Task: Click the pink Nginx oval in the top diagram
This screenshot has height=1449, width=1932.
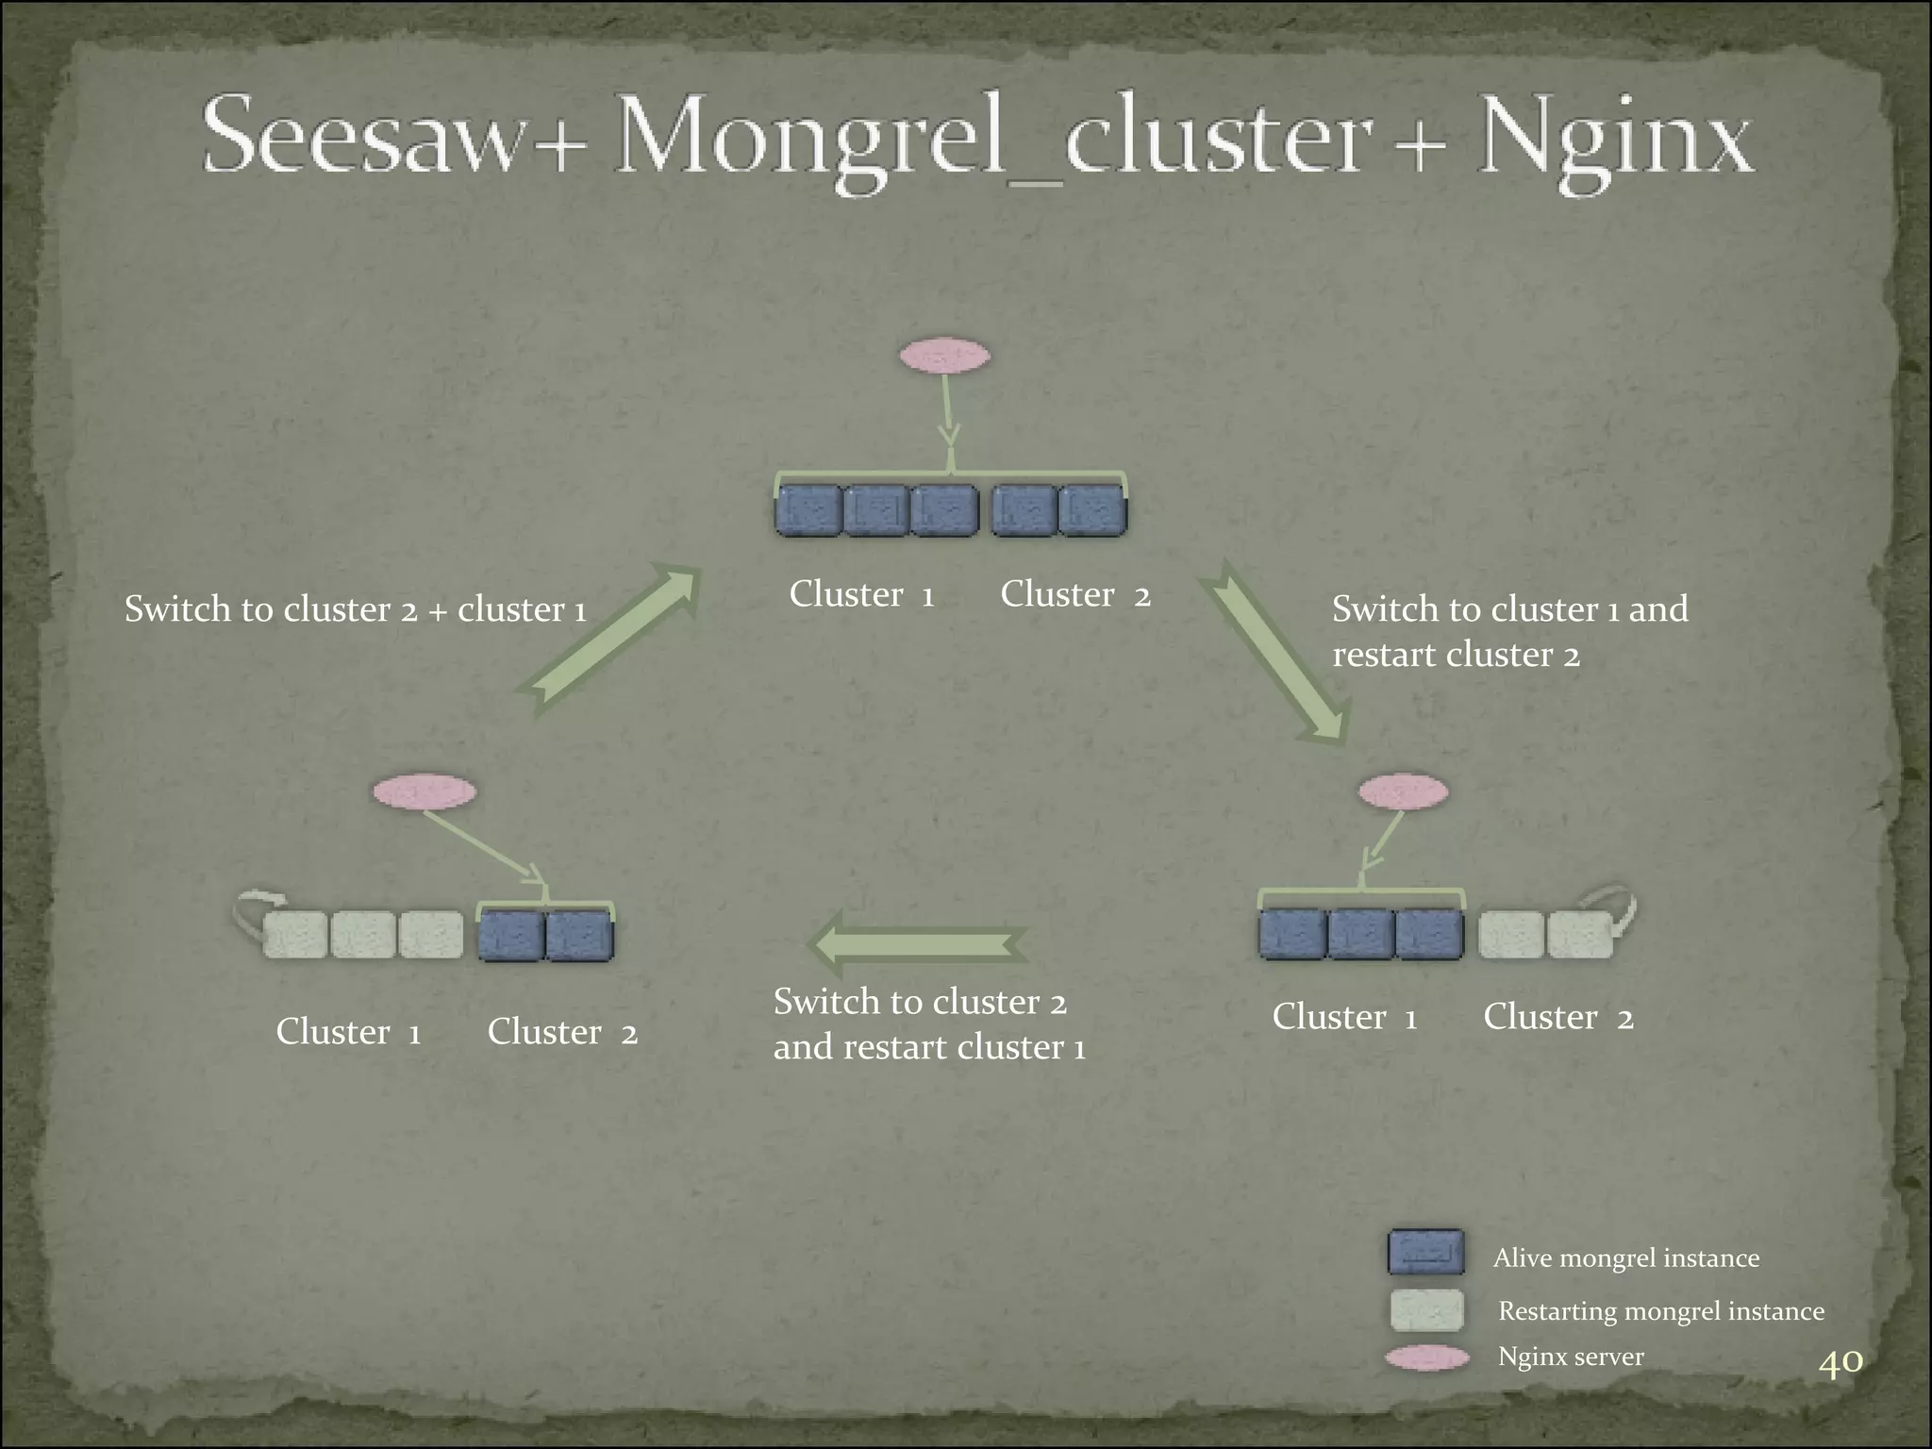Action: click(944, 357)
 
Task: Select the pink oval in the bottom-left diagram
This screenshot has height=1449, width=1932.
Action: click(425, 791)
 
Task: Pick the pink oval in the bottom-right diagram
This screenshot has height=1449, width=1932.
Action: click(1403, 791)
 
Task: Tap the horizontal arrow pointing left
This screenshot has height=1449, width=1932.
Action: click(915, 945)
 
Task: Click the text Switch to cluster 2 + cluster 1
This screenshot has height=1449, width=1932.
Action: click(356, 609)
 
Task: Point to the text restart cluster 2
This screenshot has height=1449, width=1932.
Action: click(1456, 655)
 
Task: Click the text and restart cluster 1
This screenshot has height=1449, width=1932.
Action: click(929, 1047)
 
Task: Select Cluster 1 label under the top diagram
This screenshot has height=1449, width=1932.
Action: click(861, 594)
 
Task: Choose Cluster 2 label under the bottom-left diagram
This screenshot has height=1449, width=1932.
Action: click(562, 1032)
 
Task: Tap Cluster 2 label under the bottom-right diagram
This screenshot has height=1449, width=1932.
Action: click(1558, 1017)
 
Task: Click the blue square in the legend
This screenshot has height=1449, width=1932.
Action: click(1425, 1252)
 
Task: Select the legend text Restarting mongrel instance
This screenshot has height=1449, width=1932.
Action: click(1660, 1311)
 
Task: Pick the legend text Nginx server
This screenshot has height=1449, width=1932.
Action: click(1571, 1357)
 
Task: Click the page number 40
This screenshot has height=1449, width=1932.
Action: click(1840, 1362)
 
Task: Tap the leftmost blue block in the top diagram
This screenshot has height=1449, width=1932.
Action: click(808, 510)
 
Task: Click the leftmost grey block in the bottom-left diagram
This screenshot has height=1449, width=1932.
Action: click(295, 935)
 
